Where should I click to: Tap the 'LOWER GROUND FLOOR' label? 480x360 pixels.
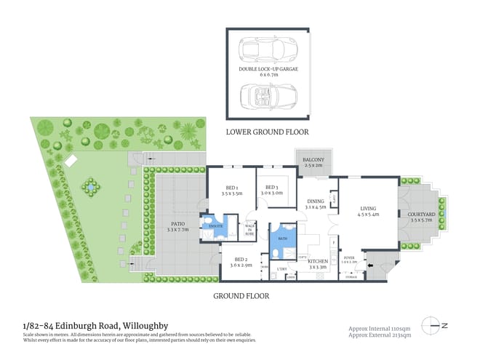[267, 132]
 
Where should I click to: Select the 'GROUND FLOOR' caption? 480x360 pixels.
[241, 296]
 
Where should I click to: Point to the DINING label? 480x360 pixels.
[315, 204]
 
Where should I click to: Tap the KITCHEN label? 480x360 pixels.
[318, 263]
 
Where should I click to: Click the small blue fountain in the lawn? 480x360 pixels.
[89, 187]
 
